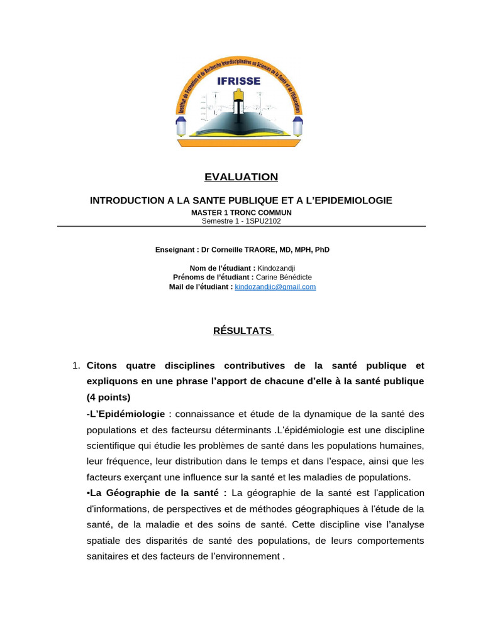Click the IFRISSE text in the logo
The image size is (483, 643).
point(238,80)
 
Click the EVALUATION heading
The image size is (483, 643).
point(241,177)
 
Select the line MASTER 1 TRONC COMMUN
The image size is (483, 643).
point(241,213)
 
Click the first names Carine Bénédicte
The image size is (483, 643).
point(284,278)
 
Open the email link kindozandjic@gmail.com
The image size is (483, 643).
point(275,287)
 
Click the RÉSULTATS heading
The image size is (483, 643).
point(242,331)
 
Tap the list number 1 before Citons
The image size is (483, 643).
point(75,365)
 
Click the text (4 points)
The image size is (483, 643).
point(109,397)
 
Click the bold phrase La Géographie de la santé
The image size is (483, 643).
point(158,493)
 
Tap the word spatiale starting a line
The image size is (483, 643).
point(103,541)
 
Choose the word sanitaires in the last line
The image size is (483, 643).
point(107,557)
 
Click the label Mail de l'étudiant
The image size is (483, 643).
point(201,287)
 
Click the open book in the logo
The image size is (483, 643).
point(239,122)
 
